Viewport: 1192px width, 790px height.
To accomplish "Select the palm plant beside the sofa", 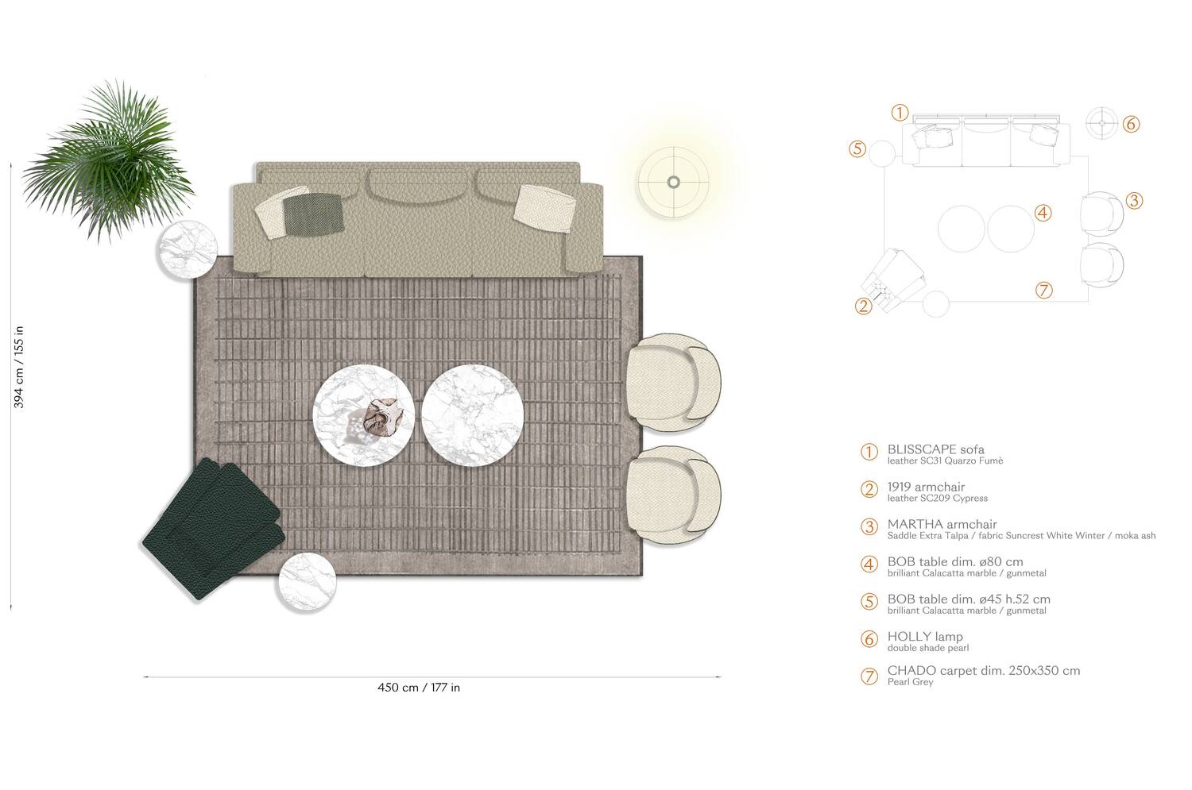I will [111, 159].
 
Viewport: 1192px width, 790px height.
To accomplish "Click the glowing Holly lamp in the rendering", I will [673, 183].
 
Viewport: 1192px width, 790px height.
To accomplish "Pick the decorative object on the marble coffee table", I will [381, 417].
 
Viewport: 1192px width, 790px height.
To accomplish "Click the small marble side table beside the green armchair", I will [306, 581].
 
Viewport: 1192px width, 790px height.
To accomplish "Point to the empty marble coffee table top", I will [472, 414].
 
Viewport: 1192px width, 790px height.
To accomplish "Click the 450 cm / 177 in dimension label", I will [418, 688].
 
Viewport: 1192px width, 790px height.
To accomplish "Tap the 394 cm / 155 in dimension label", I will [20, 367].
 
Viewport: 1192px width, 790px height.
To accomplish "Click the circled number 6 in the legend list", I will [869, 639].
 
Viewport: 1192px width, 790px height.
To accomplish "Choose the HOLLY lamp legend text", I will [925, 637].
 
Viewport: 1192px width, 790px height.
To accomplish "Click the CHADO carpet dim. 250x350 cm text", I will [983, 670].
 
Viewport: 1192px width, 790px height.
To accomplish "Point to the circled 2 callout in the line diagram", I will [864, 306].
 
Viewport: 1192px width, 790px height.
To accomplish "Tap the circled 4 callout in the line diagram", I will [1043, 213].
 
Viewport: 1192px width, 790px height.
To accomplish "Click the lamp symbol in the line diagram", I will [1101, 123].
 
